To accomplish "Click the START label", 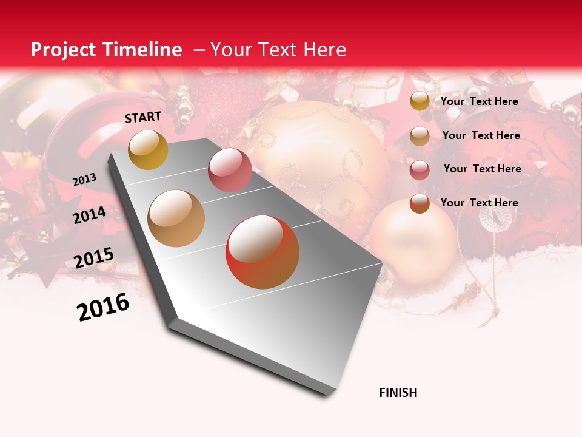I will tap(143, 117).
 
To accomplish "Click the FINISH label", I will tap(398, 393).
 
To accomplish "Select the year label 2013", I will tap(84, 179).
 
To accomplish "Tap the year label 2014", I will tap(89, 215).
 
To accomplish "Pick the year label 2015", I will tap(94, 258).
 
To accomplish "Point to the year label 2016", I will tap(103, 307).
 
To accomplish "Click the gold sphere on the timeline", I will tap(148, 149).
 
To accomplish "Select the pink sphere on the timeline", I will tap(230, 169).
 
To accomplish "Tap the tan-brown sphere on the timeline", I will tap(176, 218).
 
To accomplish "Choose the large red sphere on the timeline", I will tap(263, 252).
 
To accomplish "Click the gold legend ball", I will tap(420, 101).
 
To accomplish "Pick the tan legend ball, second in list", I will tap(420, 136).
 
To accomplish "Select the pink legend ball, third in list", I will tap(420, 170).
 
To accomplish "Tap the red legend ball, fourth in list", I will tap(420, 203).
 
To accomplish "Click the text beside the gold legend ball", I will tap(479, 101).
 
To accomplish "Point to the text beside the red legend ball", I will tap(479, 203).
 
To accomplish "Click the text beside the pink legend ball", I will tap(482, 169).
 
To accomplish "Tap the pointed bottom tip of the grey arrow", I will tap(327, 395).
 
